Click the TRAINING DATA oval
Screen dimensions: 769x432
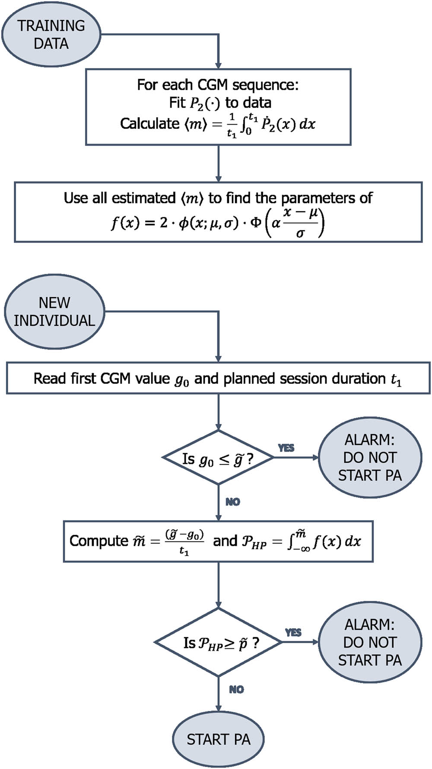51,34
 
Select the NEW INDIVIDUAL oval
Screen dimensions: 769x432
54,311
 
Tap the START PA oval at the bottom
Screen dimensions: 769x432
218,739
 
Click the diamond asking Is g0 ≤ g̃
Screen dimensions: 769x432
218,458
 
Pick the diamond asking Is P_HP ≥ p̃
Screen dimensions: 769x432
218,642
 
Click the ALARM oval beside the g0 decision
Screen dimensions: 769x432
370,458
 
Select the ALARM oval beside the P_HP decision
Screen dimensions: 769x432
370,642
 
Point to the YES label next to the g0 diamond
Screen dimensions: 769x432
286,448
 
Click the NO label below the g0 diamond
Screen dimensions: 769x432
232,502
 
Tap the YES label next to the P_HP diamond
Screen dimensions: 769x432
293,633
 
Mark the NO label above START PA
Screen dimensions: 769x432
236,689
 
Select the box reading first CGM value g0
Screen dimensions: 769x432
218,378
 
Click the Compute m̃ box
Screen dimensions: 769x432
218,541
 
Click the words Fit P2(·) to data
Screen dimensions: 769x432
220,103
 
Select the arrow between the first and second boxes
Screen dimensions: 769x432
218,163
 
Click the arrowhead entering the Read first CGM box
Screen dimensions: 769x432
218,359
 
